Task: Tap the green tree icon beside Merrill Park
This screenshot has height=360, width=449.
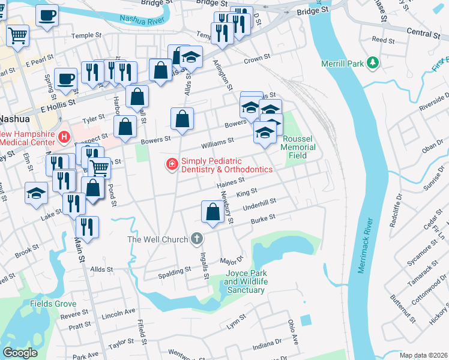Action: (x=373, y=62)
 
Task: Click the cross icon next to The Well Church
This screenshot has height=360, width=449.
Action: (x=196, y=239)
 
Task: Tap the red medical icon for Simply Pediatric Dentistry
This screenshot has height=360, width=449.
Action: (x=172, y=164)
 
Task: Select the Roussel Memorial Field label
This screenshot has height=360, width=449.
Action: (x=298, y=146)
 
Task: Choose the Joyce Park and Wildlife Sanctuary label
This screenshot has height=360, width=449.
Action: (x=244, y=281)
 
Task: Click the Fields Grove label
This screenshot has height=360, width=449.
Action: (x=53, y=304)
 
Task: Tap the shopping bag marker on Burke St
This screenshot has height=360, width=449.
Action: (x=212, y=212)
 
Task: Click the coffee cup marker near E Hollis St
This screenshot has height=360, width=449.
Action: (x=65, y=78)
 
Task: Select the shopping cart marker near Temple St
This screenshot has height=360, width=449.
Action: (x=17, y=35)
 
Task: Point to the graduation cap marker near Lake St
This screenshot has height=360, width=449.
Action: (x=36, y=193)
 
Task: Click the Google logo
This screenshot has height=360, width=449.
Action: (x=20, y=353)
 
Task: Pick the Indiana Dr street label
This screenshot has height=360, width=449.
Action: (x=267, y=345)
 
